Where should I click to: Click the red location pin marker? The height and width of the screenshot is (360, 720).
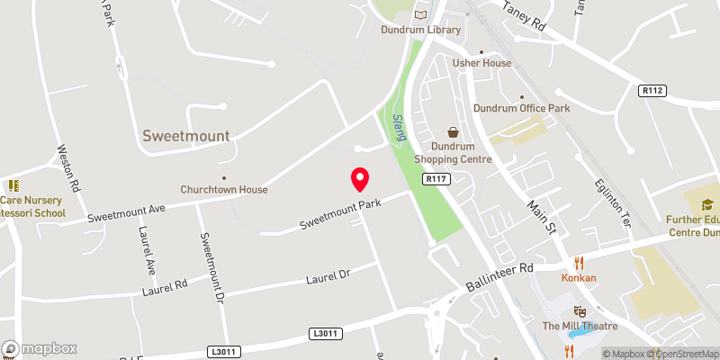[x=359, y=179]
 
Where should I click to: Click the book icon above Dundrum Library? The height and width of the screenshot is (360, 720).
[x=420, y=14]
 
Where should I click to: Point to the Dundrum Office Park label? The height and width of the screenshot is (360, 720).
[x=522, y=109]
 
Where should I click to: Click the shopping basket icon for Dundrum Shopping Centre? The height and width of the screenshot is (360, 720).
[x=452, y=131]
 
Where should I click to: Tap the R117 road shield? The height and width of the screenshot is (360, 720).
[x=438, y=179]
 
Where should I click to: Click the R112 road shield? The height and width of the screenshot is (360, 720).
[x=652, y=91]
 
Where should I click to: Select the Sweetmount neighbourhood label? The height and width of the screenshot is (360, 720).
[x=185, y=136]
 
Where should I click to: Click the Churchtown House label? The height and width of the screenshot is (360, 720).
[x=224, y=189]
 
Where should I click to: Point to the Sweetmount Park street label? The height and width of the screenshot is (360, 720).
[x=341, y=212]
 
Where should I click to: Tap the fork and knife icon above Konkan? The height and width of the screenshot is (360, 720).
[x=580, y=264]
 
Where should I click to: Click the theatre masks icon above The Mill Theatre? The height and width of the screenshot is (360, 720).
[x=580, y=310]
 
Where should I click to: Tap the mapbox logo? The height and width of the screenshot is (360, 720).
[x=40, y=348]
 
